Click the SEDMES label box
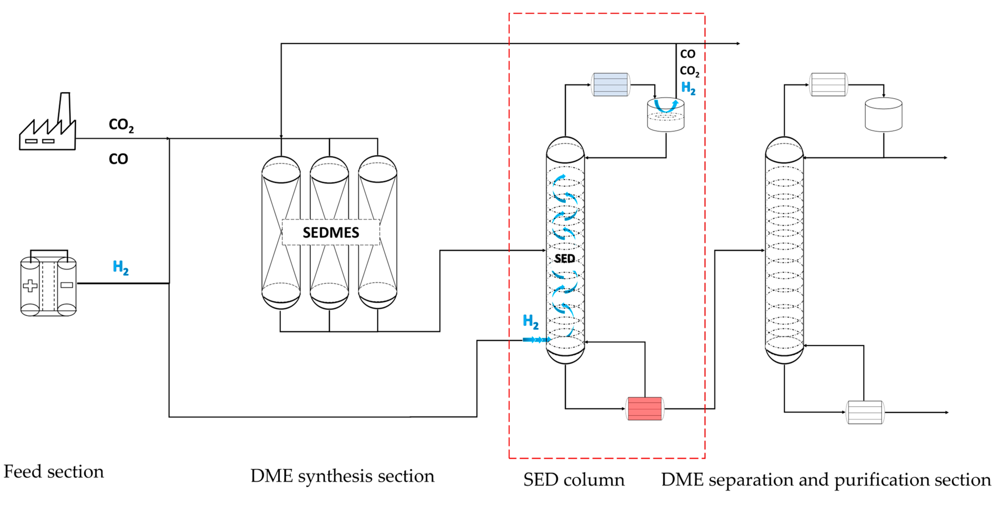(x=331, y=232)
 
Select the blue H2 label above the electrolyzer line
(x=120, y=267)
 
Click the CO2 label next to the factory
(x=121, y=125)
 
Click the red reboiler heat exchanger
(x=645, y=408)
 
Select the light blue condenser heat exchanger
(x=610, y=84)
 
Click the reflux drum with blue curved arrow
(x=666, y=115)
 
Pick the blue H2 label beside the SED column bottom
(x=531, y=322)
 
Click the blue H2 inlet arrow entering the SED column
(x=536, y=340)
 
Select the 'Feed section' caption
(x=54, y=472)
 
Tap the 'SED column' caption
(x=574, y=480)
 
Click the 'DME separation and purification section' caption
(x=826, y=480)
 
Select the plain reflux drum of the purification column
(x=884, y=115)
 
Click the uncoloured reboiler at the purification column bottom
(x=865, y=412)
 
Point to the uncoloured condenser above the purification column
(x=828, y=84)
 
